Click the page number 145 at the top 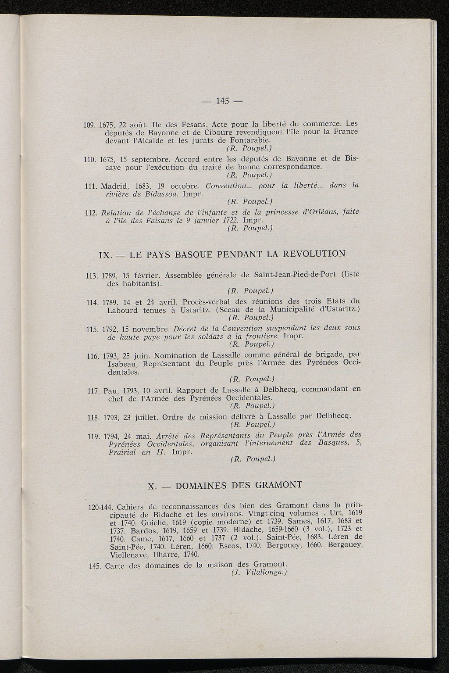coord(223,101)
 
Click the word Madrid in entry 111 coord(115,186)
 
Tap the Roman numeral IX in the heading coord(107,255)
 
